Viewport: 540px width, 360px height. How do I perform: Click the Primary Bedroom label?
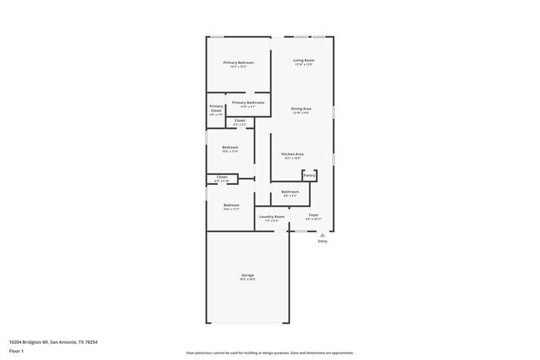click(x=238, y=62)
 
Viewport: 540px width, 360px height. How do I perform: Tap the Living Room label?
click(x=303, y=60)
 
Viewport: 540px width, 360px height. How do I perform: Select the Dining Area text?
click(x=301, y=109)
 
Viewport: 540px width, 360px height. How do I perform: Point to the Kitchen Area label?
click(x=292, y=154)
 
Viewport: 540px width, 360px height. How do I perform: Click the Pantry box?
click(x=309, y=176)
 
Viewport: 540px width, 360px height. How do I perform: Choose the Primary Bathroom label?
click(x=248, y=103)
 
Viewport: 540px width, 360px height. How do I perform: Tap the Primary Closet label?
click(x=216, y=109)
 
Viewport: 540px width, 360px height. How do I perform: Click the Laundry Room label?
click(x=271, y=217)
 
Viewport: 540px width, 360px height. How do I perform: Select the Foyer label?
click(x=313, y=215)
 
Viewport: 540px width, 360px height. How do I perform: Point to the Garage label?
click(x=247, y=275)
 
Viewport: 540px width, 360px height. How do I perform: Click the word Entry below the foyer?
click(x=322, y=241)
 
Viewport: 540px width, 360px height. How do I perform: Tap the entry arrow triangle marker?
click(x=322, y=234)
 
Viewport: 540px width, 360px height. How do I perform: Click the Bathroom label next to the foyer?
click(x=290, y=192)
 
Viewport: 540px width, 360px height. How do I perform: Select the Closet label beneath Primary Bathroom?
click(x=240, y=120)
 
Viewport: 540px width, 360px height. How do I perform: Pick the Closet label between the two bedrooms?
click(x=221, y=177)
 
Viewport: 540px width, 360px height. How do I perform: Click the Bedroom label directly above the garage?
click(x=231, y=205)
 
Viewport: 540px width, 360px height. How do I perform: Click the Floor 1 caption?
click(x=16, y=351)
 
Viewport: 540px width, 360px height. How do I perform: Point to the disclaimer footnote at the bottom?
click(x=269, y=353)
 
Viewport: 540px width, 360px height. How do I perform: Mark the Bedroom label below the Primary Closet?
click(x=230, y=147)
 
